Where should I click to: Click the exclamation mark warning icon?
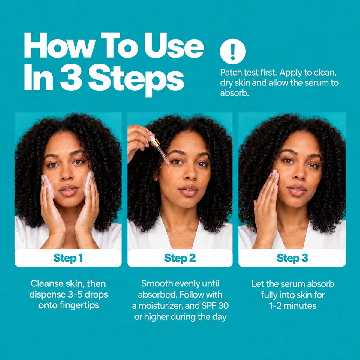[232, 52]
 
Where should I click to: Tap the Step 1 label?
[68, 258]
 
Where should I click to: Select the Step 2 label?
[180, 258]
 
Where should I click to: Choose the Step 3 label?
[292, 258]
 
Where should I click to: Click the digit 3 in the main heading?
[71, 77]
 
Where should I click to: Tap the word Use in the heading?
[174, 46]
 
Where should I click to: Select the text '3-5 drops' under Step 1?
[88, 295]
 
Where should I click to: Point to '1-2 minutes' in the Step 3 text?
[293, 306]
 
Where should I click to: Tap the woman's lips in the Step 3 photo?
[297, 190]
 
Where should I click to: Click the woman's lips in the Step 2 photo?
[188, 190]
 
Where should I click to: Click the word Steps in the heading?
[136, 79]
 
